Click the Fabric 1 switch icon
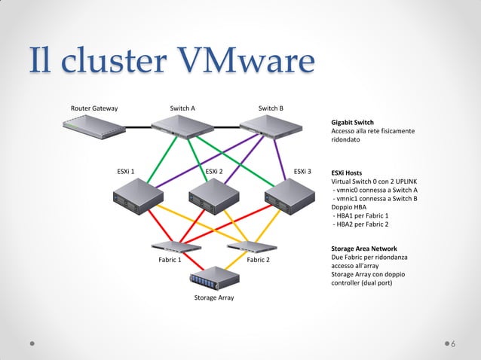click(x=175, y=246)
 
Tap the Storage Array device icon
click(x=214, y=278)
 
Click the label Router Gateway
click(x=94, y=108)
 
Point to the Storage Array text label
click(x=214, y=298)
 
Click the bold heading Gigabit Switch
click(x=353, y=122)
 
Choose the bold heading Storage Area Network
click(x=364, y=249)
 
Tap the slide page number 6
click(x=453, y=344)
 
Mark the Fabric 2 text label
click(x=259, y=261)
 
